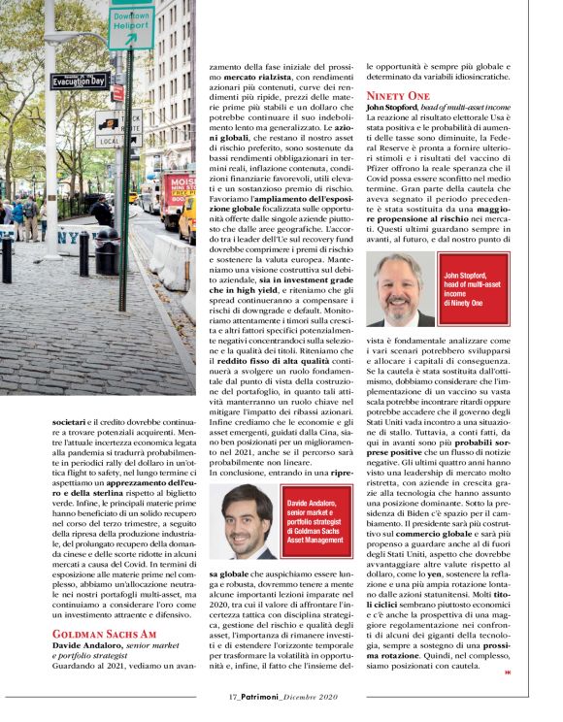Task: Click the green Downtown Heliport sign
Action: (x=130, y=27)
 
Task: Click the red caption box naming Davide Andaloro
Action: (x=316, y=525)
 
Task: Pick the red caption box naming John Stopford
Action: (x=475, y=289)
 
